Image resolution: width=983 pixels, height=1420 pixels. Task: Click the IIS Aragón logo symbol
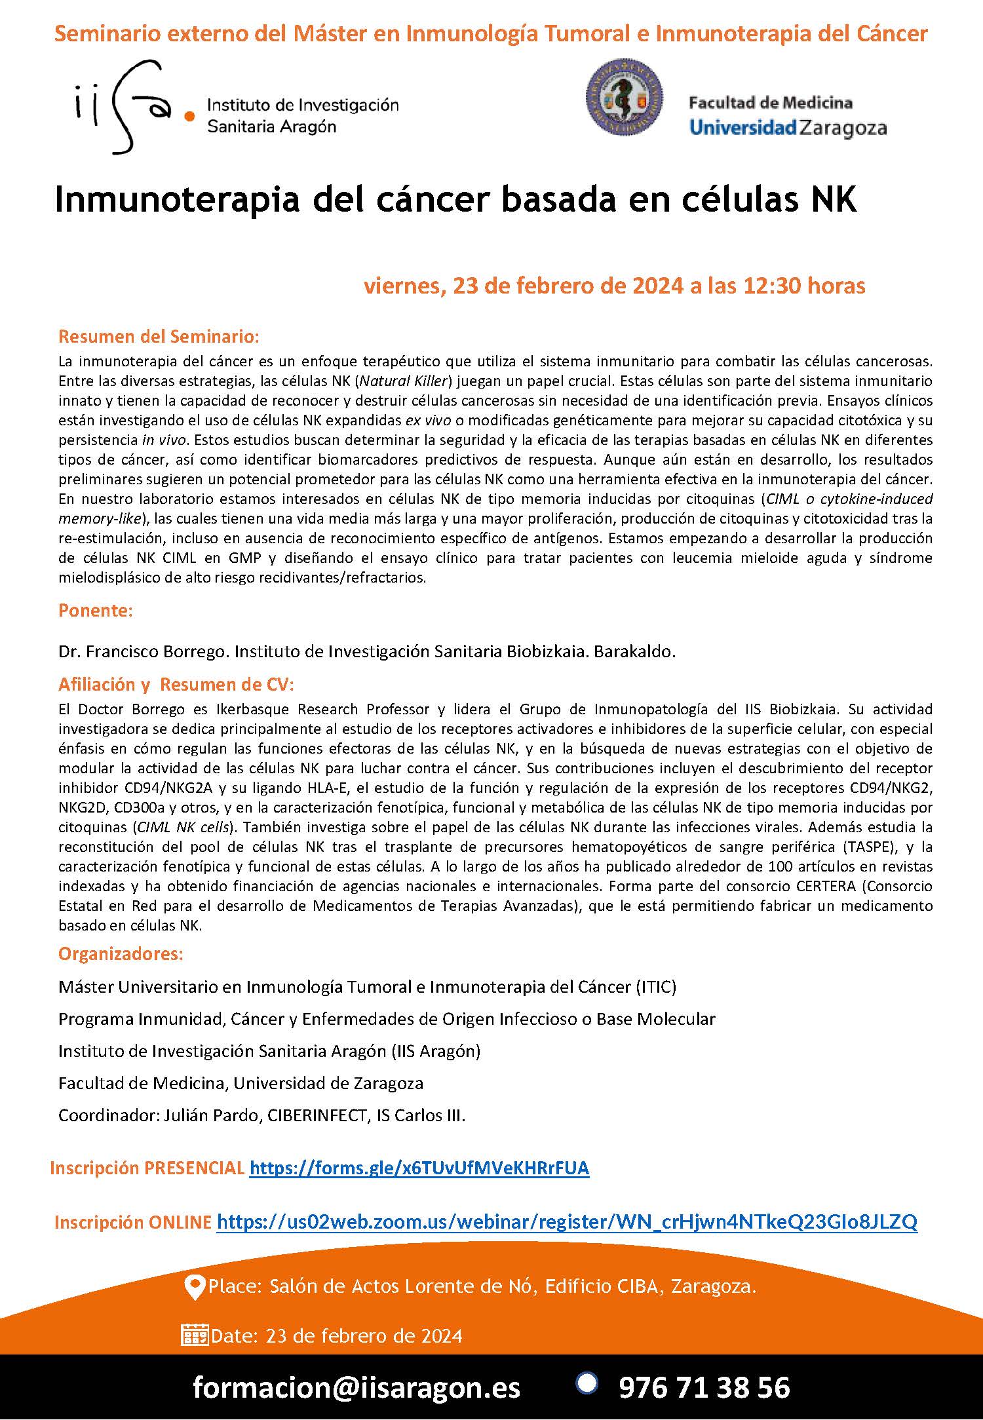click(x=125, y=107)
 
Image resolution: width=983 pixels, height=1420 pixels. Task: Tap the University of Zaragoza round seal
click(x=623, y=98)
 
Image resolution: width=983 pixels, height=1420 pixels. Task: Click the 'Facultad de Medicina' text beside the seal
click(x=770, y=103)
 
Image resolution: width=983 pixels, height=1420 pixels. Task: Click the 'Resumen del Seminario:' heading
click(x=159, y=337)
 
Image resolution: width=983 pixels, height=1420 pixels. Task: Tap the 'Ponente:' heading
click(x=96, y=610)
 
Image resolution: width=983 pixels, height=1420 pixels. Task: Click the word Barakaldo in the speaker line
click(x=634, y=652)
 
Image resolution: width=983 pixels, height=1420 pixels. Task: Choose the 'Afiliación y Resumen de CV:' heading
click(x=176, y=684)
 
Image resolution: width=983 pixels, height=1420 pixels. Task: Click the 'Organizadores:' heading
click(x=121, y=953)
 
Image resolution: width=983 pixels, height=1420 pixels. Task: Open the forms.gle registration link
click(x=419, y=1168)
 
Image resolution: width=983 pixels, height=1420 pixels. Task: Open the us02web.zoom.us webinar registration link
click(x=567, y=1221)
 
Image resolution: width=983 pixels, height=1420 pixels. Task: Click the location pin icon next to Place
click(x=195, y=1287)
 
